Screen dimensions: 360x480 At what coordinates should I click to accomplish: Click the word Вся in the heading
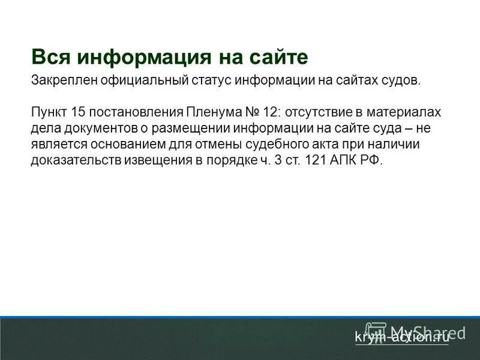[50, 57]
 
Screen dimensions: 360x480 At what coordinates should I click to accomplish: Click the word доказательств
[75, 161]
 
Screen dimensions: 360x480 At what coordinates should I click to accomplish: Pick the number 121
[316, 161]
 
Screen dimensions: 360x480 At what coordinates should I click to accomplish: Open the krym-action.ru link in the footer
[401, 337]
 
